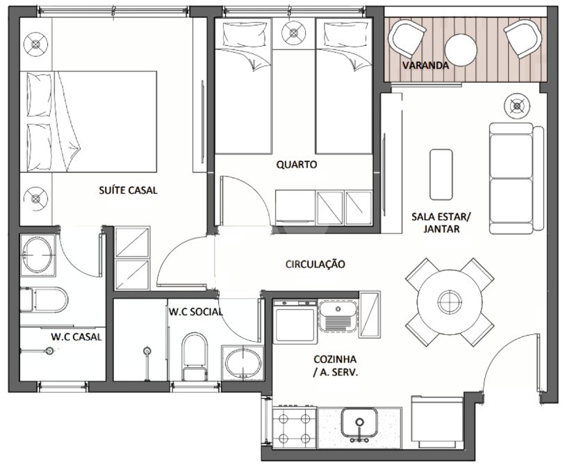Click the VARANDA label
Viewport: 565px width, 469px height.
(425, 65)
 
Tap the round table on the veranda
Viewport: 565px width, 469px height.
(461, 50)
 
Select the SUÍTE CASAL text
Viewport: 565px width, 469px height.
(128, 190)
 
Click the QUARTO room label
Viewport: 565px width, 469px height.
(297, 165)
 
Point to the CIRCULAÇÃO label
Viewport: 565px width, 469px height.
(316, 264)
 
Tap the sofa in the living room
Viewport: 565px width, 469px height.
(516, 178)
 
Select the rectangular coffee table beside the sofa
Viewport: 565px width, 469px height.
(441, 174)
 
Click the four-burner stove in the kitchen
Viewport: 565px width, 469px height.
(295, 428)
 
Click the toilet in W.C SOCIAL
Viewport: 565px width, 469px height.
(195, 356)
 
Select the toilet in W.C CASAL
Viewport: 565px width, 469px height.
(44, 299)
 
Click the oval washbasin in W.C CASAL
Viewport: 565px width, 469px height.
(38, 255)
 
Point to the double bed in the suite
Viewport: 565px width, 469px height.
(88, 122)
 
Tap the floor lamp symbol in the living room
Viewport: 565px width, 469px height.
(517, 106)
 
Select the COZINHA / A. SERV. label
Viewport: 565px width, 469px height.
(335, 366)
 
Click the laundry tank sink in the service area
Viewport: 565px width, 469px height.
(338, 316)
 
